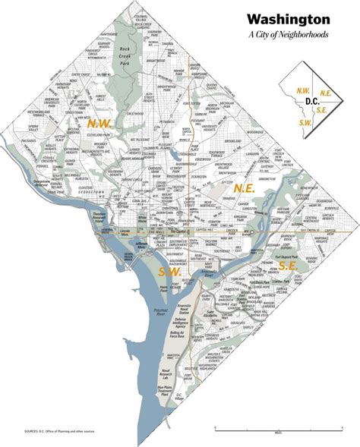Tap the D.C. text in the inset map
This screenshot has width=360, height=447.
[311, 101]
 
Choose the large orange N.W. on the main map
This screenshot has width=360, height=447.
[97, 122]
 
